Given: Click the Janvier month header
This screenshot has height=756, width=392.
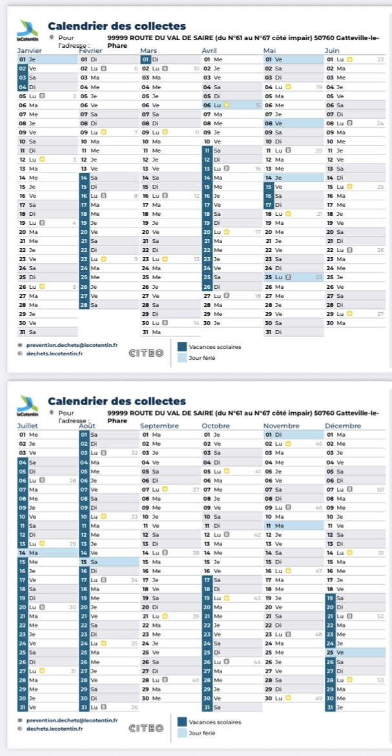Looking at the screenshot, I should (28, 50).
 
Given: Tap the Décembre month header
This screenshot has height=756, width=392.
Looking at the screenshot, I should (343, 426).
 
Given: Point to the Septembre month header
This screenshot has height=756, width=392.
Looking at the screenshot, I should (160, 426).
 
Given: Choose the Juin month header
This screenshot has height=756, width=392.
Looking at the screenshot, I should (332, 50).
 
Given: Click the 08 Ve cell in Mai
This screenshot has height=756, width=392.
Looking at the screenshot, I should (293, 122).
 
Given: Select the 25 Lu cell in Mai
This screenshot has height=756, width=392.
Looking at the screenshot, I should (293, 277).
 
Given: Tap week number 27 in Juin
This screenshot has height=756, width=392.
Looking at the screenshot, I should (380, 313).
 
